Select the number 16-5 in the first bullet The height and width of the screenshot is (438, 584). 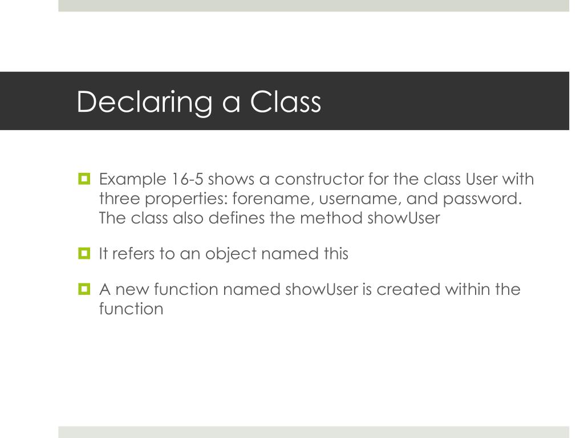point(187,180)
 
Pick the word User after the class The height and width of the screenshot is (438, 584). point(482,180)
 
